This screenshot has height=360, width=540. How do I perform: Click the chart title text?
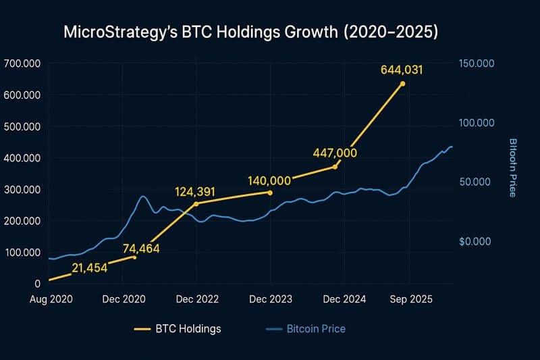pos(250,32)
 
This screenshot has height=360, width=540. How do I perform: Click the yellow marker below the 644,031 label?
pos(403,84)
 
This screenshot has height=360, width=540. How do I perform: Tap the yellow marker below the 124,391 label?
pos(196,203)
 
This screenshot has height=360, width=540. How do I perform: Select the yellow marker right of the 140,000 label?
pos(270,192)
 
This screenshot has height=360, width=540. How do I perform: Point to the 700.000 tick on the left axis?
pos(22,63)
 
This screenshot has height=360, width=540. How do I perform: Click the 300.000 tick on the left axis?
pos(22,190)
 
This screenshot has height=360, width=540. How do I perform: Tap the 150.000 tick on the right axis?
pos(477,63)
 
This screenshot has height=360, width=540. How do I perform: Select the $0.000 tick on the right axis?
pos(477,241)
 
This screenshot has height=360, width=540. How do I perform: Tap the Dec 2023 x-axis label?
pos(270,298)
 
